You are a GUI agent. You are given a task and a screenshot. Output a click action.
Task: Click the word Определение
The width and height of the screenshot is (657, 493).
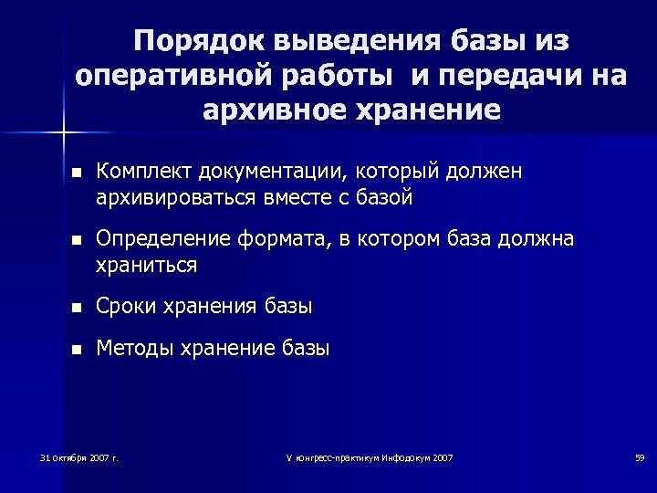163,239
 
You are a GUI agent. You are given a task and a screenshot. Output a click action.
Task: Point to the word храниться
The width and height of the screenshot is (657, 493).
146,265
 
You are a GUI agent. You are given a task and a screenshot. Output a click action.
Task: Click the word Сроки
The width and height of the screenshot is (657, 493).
126,307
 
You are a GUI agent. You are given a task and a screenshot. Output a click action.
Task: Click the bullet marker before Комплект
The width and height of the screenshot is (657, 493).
76,172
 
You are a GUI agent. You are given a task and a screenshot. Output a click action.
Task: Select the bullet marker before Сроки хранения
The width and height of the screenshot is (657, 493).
76,308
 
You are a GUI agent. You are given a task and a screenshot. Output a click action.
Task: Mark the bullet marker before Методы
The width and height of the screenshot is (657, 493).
76,350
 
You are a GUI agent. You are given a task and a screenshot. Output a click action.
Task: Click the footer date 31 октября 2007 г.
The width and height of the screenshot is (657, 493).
79,456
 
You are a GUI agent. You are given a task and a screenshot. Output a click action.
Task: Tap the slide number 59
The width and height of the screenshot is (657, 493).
640,456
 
